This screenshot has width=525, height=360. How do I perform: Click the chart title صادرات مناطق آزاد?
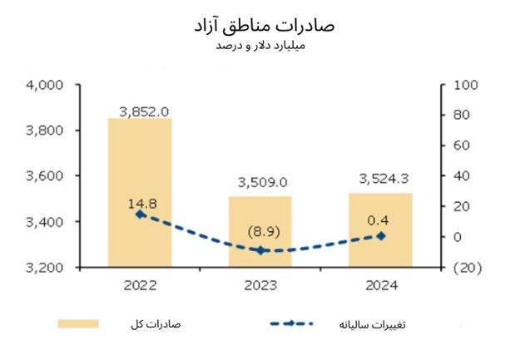[262, 24]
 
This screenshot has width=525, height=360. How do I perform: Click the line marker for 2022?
[140, 214]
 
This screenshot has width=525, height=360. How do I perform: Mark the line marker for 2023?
[260, 250]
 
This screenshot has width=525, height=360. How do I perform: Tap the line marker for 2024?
[380, 236]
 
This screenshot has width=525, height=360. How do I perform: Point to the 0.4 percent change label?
[381, 220]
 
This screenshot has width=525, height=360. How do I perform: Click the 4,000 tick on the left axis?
[46, 85]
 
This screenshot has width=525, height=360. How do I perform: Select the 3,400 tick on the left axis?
[46, 222]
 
